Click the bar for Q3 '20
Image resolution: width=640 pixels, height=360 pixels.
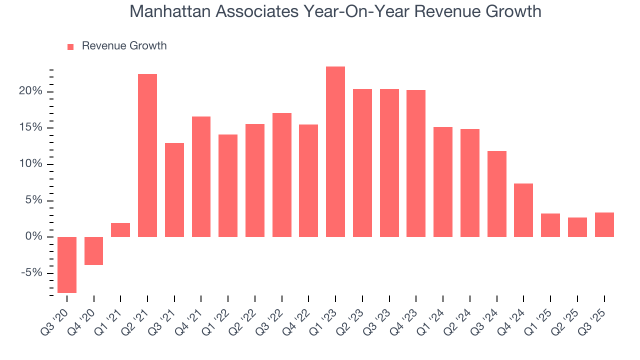click(67, 264)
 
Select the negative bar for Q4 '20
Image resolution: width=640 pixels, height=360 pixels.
click(93, 250)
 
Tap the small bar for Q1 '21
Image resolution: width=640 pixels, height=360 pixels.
click(120, 230)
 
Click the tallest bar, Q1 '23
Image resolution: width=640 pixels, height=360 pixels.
click(335, 151)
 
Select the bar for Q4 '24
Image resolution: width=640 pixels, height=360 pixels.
click(523, 210)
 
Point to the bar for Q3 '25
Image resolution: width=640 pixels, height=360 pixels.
click(604, 224)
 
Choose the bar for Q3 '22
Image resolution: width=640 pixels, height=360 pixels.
click(281, 174)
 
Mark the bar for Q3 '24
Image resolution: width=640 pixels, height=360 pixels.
click(496, 193)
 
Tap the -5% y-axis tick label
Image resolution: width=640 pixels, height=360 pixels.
click(31, 273)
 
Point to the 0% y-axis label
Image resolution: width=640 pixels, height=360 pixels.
click(33, 236)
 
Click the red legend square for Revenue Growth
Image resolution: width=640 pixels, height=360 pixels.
click(70, 46)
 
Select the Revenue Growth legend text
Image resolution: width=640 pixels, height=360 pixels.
click(124, 46)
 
